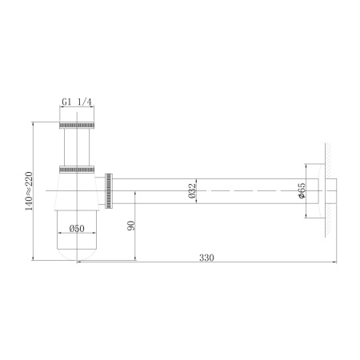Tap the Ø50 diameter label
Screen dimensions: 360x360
77,228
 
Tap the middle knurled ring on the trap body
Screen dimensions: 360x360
78,169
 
